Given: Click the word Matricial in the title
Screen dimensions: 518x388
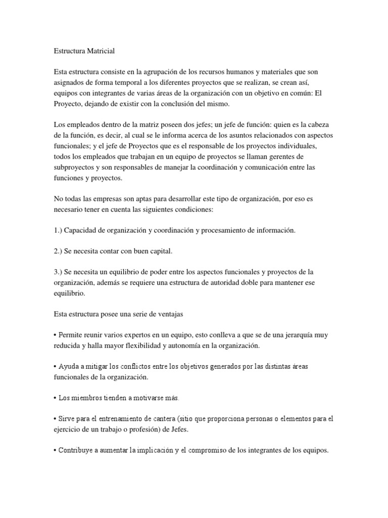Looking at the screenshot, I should pos(101,51).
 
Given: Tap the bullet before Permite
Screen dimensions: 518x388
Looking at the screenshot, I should pos(55,335).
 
